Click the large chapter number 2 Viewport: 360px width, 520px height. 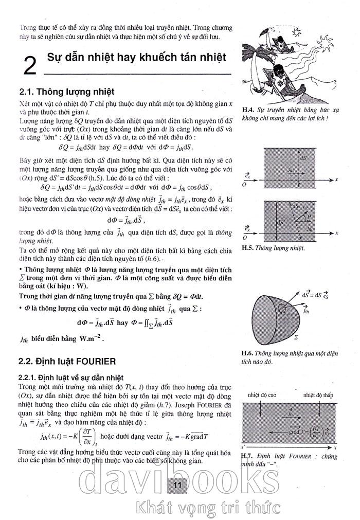(30, 66)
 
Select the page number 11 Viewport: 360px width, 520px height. (178, 485)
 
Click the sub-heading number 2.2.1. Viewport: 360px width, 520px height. (29, 377)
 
